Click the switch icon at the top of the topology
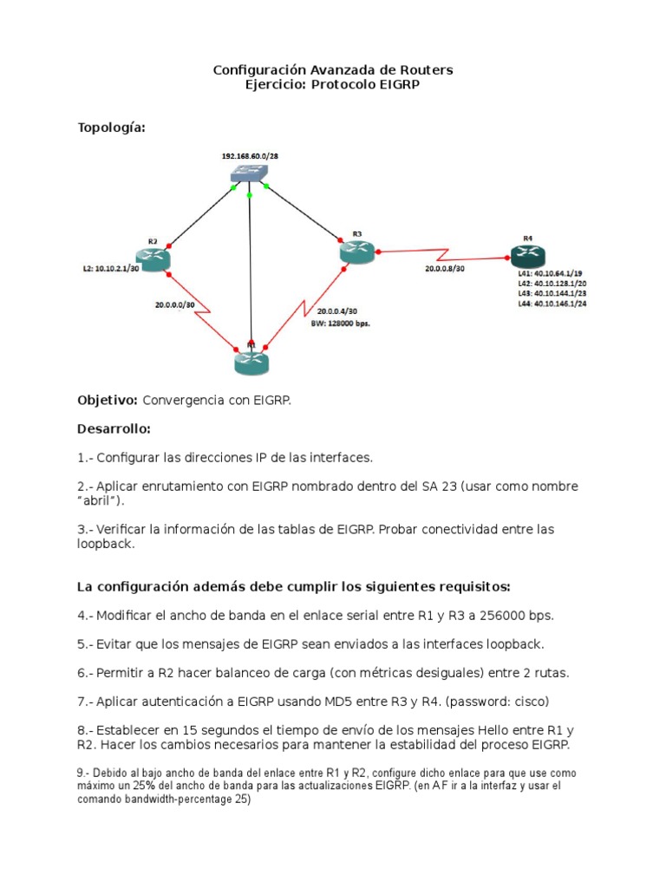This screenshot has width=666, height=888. (249, 174)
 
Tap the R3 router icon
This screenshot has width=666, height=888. (357, 251)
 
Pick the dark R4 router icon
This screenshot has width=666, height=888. (527, 256)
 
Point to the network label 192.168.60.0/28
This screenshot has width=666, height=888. (250, 155)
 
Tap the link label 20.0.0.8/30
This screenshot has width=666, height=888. (444, 270)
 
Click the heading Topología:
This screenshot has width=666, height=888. (112, 127)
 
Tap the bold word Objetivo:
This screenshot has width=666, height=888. (108, 400)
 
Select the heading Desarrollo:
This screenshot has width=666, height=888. (114, 428)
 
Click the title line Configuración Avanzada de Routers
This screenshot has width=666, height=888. (333, 69)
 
